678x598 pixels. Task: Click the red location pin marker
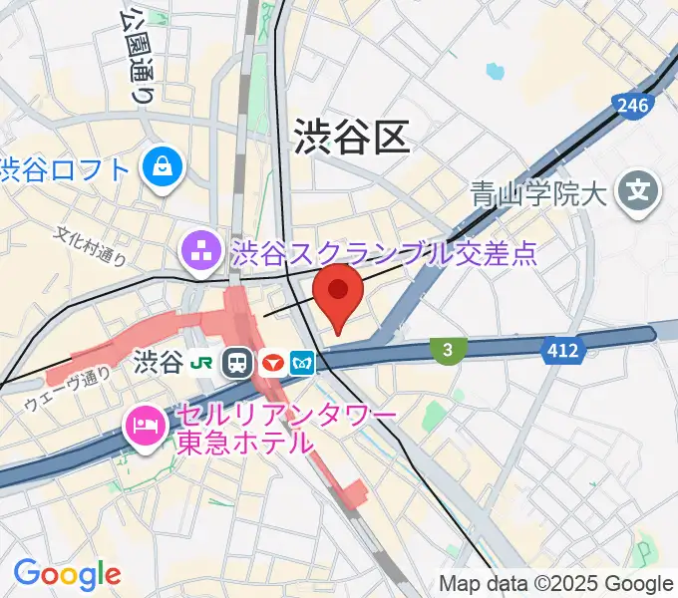(x=339, y=292)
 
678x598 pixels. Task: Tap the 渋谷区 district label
(x=352, y=138)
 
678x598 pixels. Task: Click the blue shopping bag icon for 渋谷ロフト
(x=161, y=166)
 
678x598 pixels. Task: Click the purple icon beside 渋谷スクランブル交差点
(x=203, y=252)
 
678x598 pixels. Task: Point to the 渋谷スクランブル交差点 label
(x=384, y=252)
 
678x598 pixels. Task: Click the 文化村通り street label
(x=90, y=246)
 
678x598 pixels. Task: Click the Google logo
(x=67, y=573)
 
